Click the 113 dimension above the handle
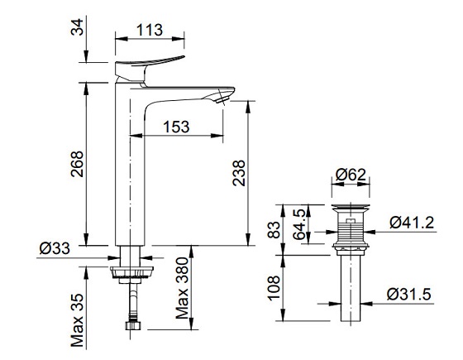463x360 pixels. click(149, 29)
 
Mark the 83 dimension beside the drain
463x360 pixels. click(274, 228)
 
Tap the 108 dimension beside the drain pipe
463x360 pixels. click(274, 287)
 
